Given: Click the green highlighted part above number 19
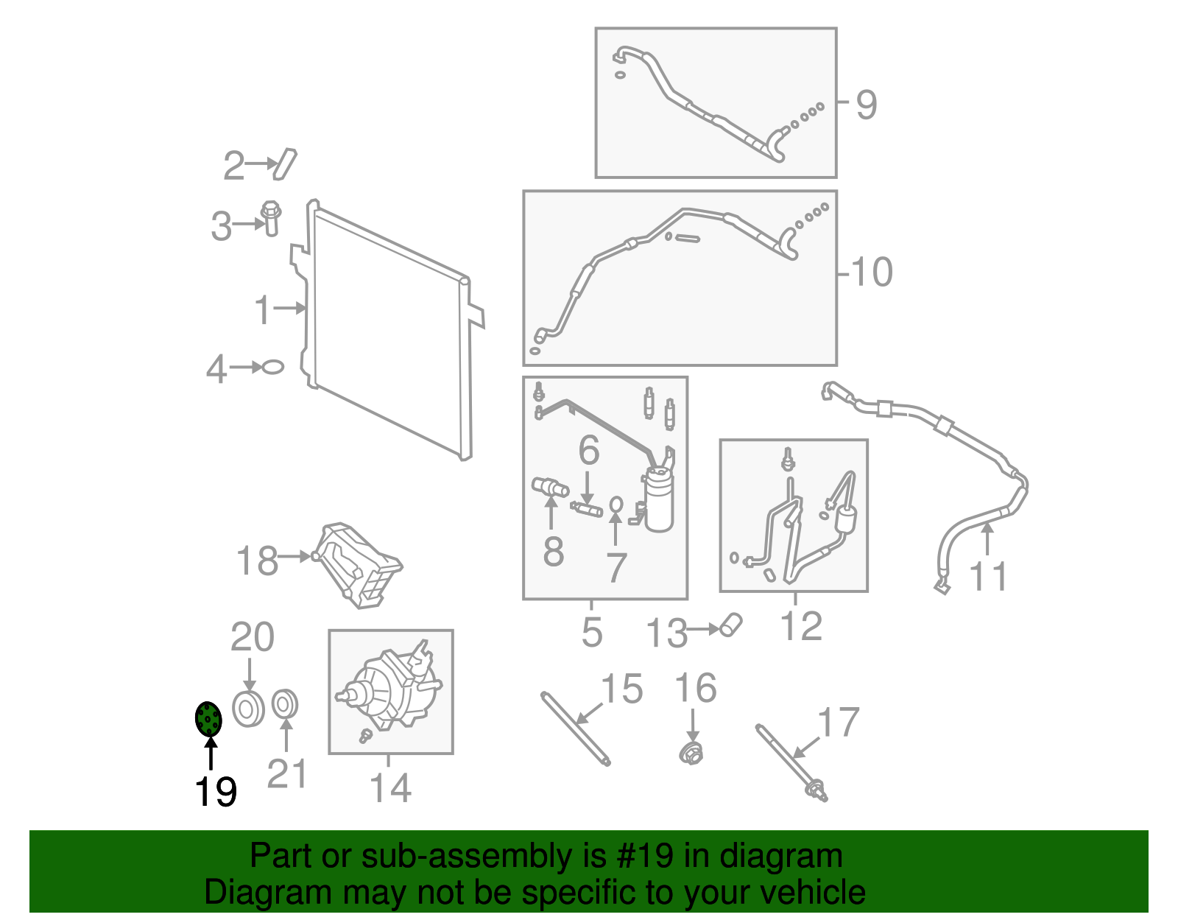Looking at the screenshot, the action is click(x=208, y=718).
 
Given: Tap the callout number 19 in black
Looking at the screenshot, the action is click(x=216, y=792).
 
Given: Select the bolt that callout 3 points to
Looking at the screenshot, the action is click(x=270, y=219).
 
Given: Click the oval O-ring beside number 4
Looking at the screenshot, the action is click(x=272, y=367).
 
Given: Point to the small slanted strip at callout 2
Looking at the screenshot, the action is click(x=285, y=164).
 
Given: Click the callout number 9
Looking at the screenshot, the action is click(x=866, y=105).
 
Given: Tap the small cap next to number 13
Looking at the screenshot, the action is click(x=731, y=625).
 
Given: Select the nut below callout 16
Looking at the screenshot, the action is click(x=692, y=753).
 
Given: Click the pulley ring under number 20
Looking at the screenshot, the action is click(x=248, y=709).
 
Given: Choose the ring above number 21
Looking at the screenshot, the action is click(x=284, y=704).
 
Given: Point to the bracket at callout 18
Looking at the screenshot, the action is click(x=358, y=566).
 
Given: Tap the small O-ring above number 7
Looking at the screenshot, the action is click(x=616, y=505).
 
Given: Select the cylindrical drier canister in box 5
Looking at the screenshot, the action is click(x=658, y=499).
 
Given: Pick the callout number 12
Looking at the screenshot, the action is click(x=801, y=626).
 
